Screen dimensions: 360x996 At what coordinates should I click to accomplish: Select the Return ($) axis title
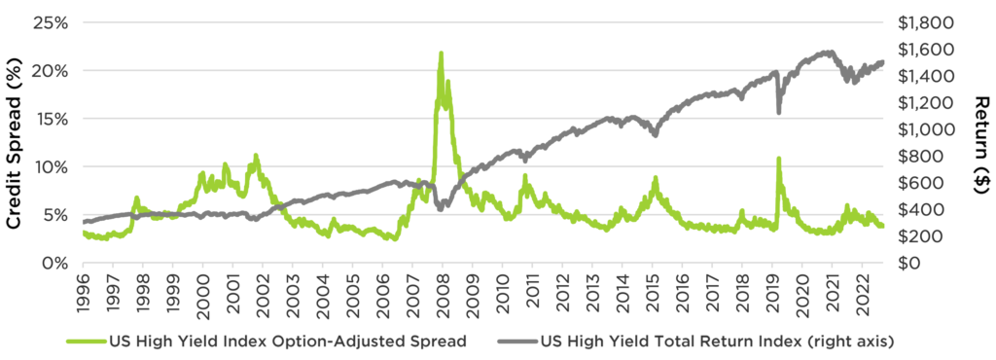coord(980,142)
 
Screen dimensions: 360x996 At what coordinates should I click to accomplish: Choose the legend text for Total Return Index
coord(716,341)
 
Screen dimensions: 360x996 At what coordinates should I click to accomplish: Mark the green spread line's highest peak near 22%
coord(441,54)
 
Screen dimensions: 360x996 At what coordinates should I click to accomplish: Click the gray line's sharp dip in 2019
coord(778,112)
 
